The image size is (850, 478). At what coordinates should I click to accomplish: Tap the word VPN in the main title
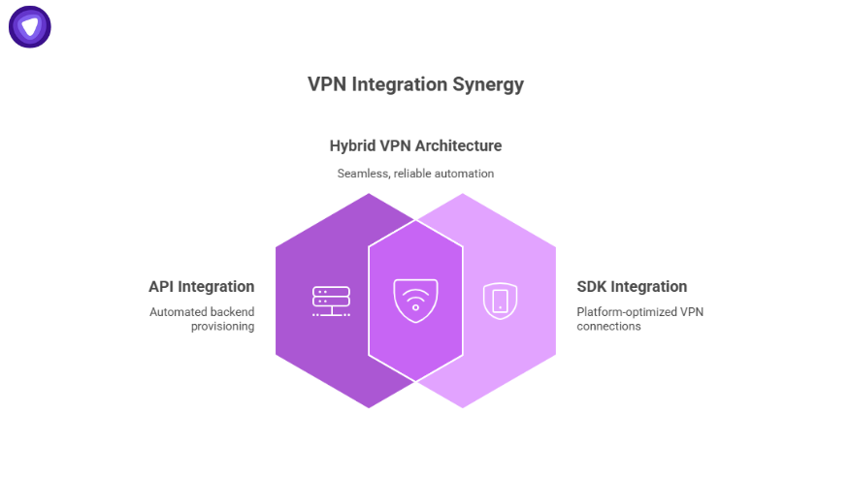click(x=327, y=84)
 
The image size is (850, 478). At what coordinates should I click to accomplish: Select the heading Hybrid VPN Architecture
click(x=415, y=146)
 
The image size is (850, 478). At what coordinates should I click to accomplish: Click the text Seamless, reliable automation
click(x=415, y=174)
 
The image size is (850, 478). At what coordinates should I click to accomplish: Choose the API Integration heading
click(x=201, y=287)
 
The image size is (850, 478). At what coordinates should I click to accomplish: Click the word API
click(x=163, y=287)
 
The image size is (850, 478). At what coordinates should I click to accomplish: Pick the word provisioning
click(x=222, y=327)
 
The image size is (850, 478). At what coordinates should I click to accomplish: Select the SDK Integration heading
click(x=632, y=287)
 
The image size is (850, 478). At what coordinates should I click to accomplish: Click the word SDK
click(x=593, y=287)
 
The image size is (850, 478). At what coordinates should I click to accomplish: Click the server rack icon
click(x=331, y=301)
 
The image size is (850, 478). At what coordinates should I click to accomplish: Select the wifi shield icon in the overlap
click(x=415, y=301)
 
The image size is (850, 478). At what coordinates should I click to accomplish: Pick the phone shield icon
click(x=500, y=301)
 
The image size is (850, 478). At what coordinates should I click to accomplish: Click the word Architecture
click(x=459, y=146)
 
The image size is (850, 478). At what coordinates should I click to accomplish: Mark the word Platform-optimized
click(x=617, y=312)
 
